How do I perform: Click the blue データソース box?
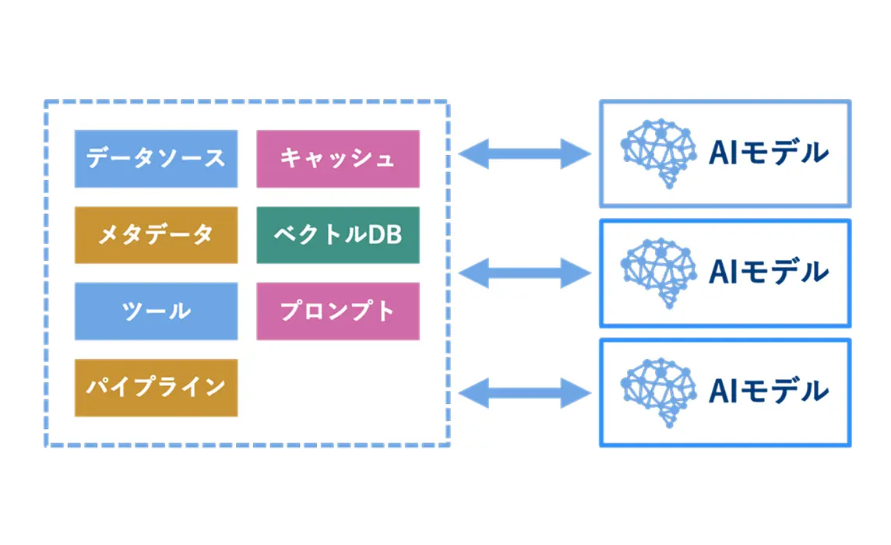pos(156,159)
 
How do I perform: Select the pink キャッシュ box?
pos(338,159)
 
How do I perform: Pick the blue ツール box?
pos(156,311)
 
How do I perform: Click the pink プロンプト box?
pos(338,311)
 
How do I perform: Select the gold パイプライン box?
pos(156,387)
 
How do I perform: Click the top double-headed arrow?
pos(525,154)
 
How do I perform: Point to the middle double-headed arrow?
pos(525,272)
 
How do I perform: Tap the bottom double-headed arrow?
pos(525,391)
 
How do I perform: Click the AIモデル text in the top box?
pos(767,153)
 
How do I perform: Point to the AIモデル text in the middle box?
pos(767,272)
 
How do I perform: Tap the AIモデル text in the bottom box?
pos(767,392)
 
